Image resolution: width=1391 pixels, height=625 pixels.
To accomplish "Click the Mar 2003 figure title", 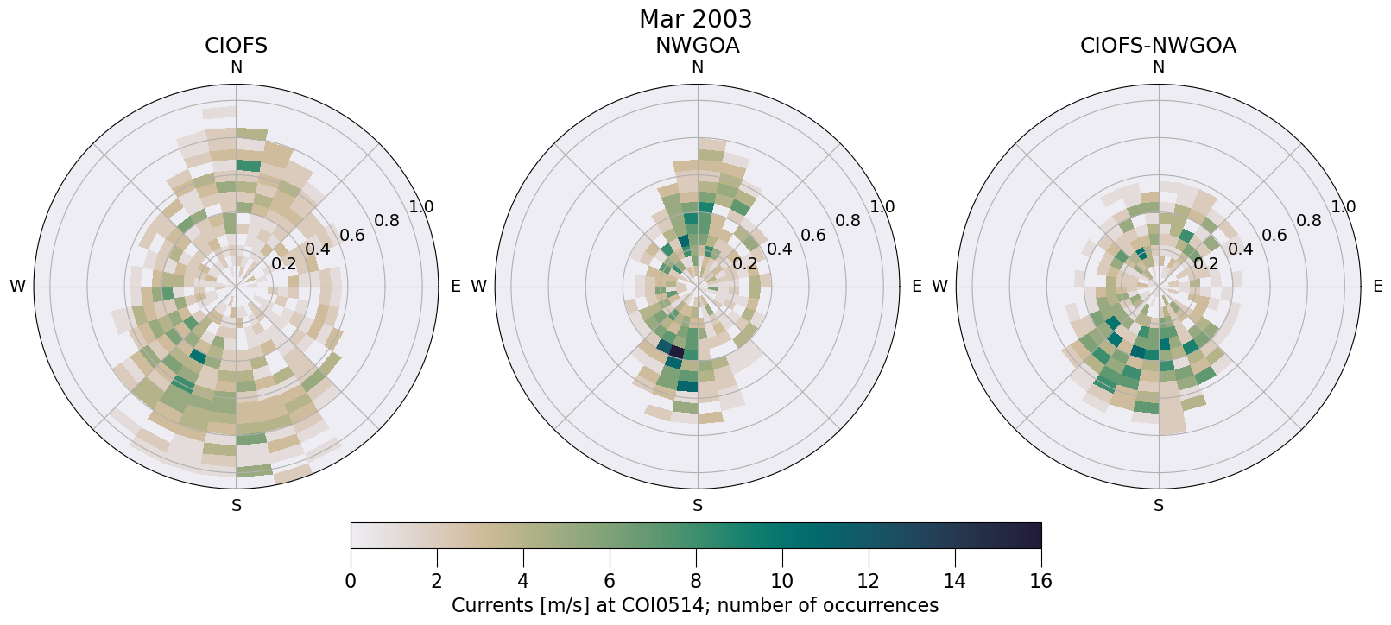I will coord(695,19).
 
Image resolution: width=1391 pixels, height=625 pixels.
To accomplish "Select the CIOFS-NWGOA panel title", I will coord(1158,46).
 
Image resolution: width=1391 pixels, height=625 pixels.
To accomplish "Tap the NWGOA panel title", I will coord(697,46).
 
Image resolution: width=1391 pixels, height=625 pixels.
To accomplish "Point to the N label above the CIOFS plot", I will coord(236,67).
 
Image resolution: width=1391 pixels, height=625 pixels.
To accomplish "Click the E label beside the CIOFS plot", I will coord(455,287).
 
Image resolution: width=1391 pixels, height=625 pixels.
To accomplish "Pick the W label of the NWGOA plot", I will coord(478,287).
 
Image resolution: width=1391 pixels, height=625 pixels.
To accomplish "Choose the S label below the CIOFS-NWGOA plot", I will coord(1158,506).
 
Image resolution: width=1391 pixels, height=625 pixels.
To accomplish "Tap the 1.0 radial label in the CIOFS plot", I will coord(421,207).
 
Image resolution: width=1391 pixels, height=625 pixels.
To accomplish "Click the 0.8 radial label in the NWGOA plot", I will coord(848,220).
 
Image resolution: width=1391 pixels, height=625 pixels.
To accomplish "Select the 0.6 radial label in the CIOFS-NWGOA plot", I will coord(1274,235).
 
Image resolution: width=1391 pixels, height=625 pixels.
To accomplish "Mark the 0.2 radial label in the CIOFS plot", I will coord(283,264).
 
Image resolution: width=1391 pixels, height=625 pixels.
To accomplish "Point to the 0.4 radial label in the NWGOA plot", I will coord(779,249).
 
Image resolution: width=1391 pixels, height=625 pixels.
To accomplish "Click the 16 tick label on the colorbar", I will coord(1040,582).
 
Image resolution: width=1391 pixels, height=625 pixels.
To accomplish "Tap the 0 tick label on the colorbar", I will coord(351,582).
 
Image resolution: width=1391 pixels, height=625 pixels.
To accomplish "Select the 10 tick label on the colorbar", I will coord(781,582).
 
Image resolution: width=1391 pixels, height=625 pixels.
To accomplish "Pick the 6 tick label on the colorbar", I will coord(610,582).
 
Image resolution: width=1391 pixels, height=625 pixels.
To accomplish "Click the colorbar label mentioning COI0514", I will coord(695,606).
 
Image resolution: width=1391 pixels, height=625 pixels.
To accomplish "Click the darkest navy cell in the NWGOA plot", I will coord(677,352).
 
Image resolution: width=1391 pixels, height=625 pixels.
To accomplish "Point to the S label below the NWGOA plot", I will coord(697,506).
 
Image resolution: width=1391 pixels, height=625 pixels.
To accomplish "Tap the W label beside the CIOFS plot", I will coord(17,287).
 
